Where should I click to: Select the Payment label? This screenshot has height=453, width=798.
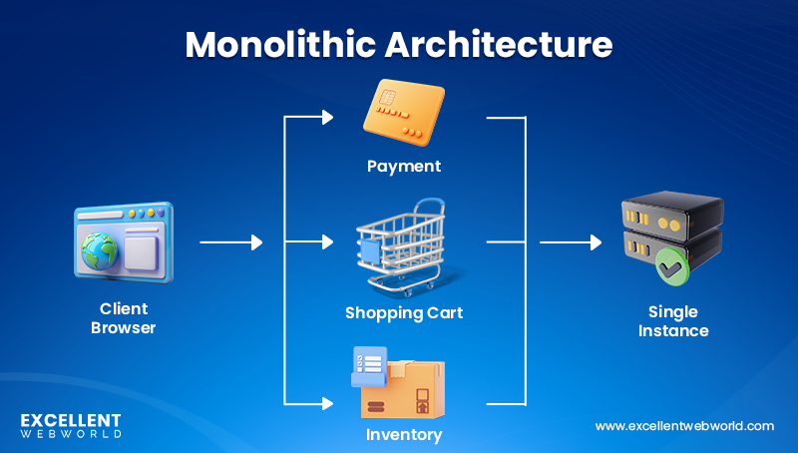coord(403,166)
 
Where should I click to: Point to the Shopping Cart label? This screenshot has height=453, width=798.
coord(404,313)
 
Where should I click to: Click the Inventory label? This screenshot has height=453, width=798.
coord(403,435)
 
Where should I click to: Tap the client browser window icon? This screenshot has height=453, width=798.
coord(123,239)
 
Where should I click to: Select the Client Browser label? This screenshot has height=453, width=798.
coord(124,317)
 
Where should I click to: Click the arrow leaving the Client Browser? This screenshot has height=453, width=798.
coord(230,242)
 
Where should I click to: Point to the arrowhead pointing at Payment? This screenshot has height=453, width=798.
coord(326,118)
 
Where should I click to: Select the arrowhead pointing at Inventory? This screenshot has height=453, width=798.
coord(326,404)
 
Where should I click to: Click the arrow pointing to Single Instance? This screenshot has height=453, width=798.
coord(571,242)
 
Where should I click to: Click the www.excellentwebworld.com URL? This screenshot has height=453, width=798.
coord(684,426)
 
